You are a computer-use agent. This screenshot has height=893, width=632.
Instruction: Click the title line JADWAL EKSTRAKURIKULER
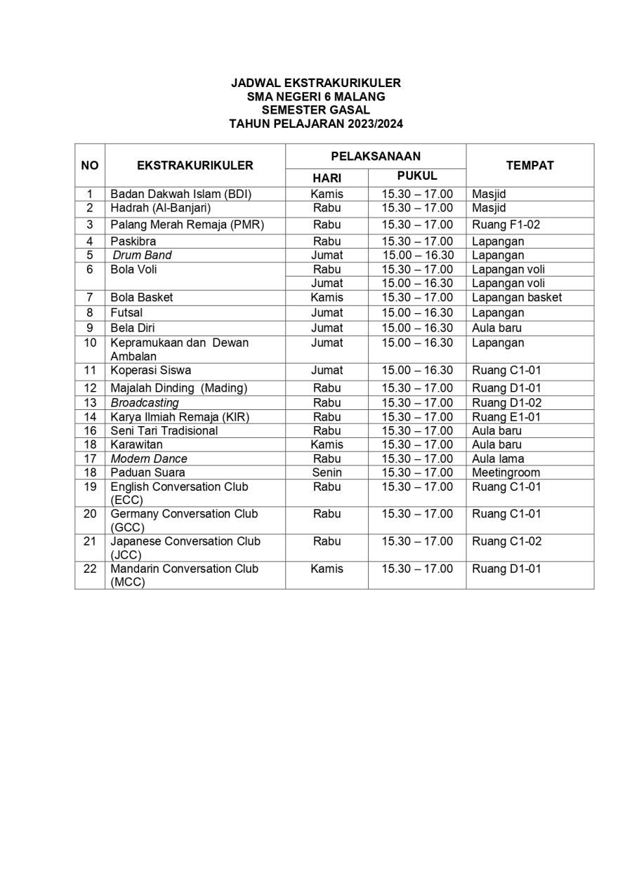point(316,83)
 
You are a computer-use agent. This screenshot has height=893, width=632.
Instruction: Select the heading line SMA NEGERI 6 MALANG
point(316,97)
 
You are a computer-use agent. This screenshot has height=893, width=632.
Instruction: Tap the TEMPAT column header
point(529,166)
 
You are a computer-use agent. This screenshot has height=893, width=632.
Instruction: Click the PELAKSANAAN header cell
point(376,156)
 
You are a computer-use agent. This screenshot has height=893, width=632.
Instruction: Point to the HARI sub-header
point(327,178)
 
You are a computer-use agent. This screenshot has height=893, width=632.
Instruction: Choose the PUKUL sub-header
point(417,176)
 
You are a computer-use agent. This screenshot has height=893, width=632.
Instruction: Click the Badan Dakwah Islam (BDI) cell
point(180,194)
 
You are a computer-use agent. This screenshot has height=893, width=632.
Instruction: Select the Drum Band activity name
point(142,256)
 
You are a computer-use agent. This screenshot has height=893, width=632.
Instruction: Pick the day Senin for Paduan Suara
point(327,472)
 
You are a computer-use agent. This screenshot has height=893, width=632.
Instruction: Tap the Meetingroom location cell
point(506,472)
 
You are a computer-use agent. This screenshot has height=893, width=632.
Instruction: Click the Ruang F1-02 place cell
point(506,225)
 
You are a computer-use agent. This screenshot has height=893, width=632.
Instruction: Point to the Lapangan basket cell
point(516,298)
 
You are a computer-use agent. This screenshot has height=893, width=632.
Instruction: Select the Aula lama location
point(498,458)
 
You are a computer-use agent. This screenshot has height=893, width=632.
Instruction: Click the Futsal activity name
point(126,313)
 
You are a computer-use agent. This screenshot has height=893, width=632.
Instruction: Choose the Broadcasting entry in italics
point(145,403)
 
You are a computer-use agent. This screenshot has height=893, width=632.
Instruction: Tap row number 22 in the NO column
point(90,569)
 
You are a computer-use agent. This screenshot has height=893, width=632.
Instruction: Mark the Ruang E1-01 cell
point(506,417)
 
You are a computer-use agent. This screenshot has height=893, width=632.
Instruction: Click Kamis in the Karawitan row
point(327,444)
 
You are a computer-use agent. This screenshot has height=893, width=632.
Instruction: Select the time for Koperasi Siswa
point(417,371)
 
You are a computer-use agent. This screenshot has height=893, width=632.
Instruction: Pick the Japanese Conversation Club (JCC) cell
point(185,548)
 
